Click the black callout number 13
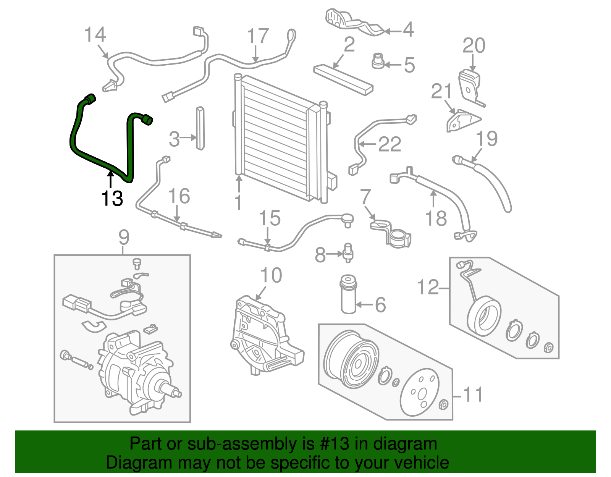coord(112,198)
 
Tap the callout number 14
coord(95,35)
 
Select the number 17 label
coord(258,37)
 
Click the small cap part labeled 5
coord(378,61)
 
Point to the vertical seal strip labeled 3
coord(200,128)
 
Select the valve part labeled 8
coord(348,253)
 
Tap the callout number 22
coord(390,144)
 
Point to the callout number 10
coord(271,275)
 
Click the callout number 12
coord(428,287)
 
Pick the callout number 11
coord(473,395)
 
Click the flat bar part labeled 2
coord(343,80)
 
